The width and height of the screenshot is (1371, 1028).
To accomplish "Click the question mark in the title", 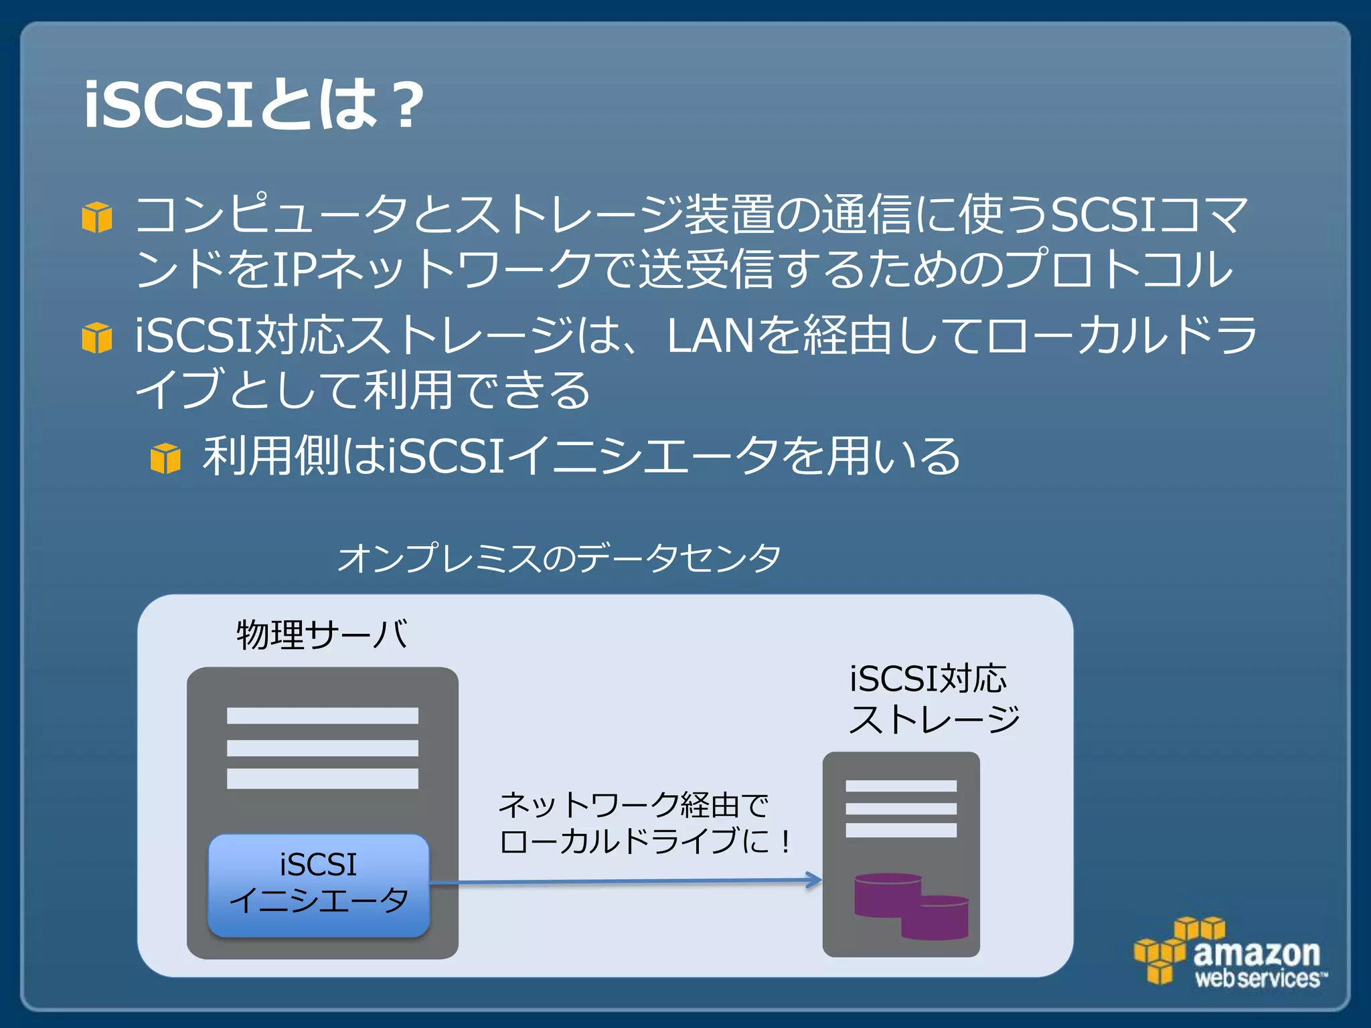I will pyautogui.click(x=407, y=106).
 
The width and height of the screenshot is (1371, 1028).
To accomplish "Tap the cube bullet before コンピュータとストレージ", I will pyautogui.click(x=97, y=217).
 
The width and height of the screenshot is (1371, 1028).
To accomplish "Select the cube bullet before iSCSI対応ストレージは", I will pyautogui.click(x=97, y=337).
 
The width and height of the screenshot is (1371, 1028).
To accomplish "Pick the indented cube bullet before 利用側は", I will pyautogui.click(x=165, y=458).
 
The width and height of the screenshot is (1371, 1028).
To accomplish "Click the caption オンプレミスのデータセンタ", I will pyautogui.click(x=559, y=558).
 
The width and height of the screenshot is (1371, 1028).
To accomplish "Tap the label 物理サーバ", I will pyautogui.click(x=321, y=634).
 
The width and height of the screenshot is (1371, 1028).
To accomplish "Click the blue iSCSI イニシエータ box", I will pyautogui.click(x=319, y=884).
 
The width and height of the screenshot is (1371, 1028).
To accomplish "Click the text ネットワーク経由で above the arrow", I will pyautogui.click(x=633, y=804).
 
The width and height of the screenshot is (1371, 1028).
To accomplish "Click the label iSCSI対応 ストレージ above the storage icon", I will pyautogui.click(x=933, y=699).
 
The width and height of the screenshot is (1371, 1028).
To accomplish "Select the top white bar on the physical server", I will pyautogui.click(x=322, y=715).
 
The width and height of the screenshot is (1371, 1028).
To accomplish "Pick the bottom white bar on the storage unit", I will pyautogui.click(x=900, y=831).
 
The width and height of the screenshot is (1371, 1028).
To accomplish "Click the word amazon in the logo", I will pyautogui.click(x=1256, y=952).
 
